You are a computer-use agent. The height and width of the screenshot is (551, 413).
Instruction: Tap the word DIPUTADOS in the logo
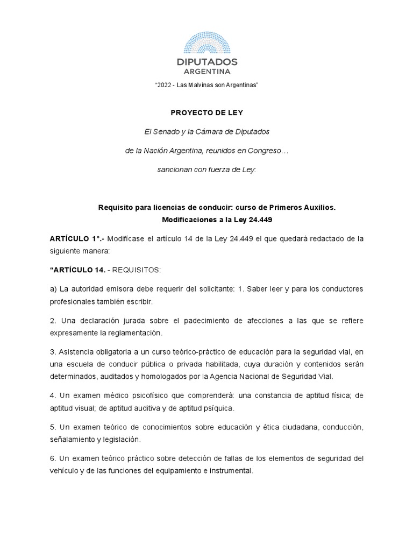click(x=207, y=62)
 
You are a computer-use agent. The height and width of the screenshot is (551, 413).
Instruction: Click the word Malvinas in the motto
click(x=205, y=86)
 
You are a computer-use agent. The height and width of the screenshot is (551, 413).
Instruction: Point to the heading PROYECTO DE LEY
click(x=206, y=112)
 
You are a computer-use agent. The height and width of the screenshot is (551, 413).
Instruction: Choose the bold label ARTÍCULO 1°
click(x=72, y=239)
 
